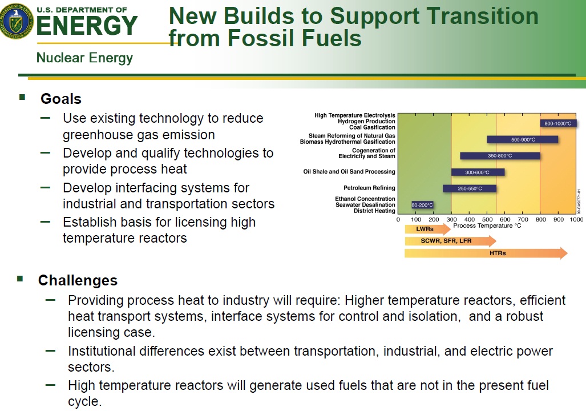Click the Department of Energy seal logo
pyautogui.click(x=17, y=21)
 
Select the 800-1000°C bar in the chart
pyautogui.click(x=558, y=123)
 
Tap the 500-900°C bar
pyautogui.click(x=523, y=139)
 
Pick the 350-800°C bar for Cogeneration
pyautogui.click(x=500, y=156)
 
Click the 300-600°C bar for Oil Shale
pyautogui.click(x=478, y=172)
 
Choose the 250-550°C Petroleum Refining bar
pyautogui.click(x=470, y=188)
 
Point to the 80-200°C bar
pyautogui.click(x=422, y=205)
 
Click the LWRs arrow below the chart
pyautogui.click(x=427, y=229)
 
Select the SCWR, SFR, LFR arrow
pyautogui.click(x=450, y=241)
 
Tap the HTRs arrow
pyautogui.click(x=486, y=253)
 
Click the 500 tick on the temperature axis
pyautogui.click(x=487, y=220)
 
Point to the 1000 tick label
pyautogui.click(x=576, y=220)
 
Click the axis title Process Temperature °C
pyautogui.click(x=487, y=225)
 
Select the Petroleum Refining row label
pyautogui.click(x=369, y=188)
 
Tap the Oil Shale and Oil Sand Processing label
pyautogui.click(x=349, y=172)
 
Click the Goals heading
pyautogui.click(x=61, y=99)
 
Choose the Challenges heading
pyautogui.click(x=78, y=280)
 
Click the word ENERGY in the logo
pyautogui.click(x=87, y=26)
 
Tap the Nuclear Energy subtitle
pyautogui.click(x=84, y=58)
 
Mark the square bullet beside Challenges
pyautogui.click(x=20, y=279)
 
